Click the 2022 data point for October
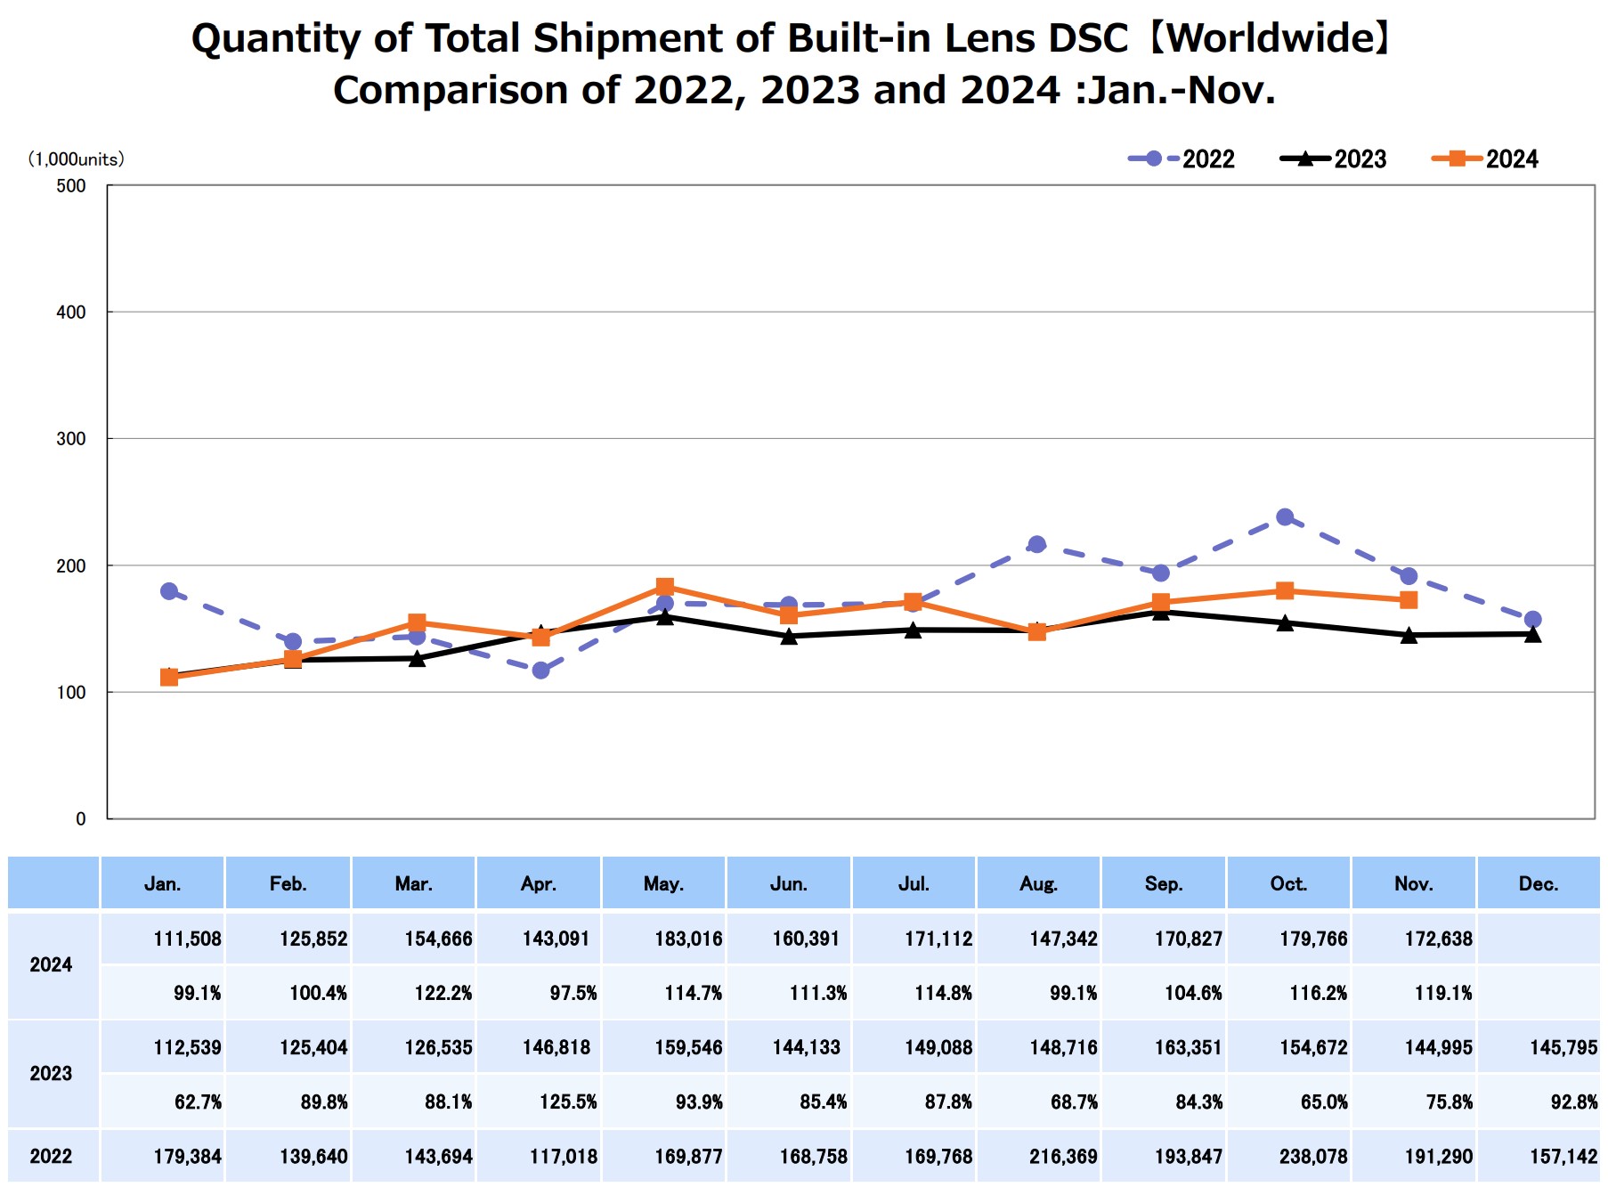tap(1284, 517)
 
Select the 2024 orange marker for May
tap(664, 587)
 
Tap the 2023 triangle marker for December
tap(1532, 634)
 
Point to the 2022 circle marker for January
tap(169, 591)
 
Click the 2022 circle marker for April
tap(540, 670)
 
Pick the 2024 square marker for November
tap(1409, 600)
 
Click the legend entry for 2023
tap(1333, 159)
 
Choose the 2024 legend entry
tap(1484, 159)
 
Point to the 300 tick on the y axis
tap(71, 439)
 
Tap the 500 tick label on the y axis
tap(71, 186)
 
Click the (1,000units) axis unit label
tap(77, 159)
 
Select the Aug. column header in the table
tap(1038, 884)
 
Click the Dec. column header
tap(1538, 884)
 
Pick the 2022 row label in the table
tap(51, 1156)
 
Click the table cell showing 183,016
tap(688, 939)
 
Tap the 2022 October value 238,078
tap(1313, 1156)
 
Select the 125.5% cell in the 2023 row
tap(568, 1102)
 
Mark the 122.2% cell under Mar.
tap(443, 993)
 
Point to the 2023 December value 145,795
tap(1563, 1047)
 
